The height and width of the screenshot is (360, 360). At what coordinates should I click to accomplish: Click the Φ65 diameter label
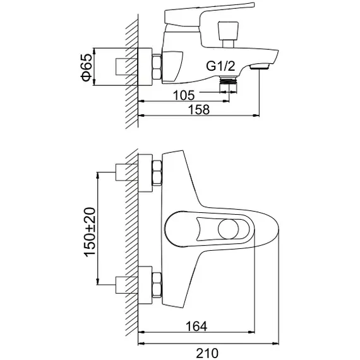click(x=87, y=68)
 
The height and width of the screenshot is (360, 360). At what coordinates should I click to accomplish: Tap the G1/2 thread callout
click(x=220, y=66)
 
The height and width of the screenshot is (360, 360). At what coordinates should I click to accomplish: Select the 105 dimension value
click(x=184, y=95)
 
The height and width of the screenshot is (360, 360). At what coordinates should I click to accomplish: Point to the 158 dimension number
click(x=199, y=109)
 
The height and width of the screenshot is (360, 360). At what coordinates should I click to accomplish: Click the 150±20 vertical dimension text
click(x=90, y=232)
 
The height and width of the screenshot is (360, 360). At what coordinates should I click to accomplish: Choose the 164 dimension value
click(x=196, y=326)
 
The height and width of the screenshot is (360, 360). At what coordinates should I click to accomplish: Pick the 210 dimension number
click(x=207, y=354)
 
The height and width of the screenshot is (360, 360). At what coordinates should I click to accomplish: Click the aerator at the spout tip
click(x=260, y=67)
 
